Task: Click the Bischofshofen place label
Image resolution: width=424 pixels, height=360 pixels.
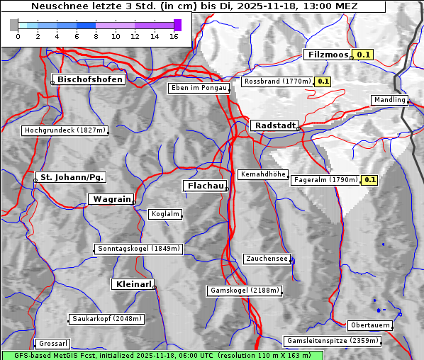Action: (x=91, y=79)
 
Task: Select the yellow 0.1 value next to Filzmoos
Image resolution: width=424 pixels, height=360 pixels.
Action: (x=364, y=55)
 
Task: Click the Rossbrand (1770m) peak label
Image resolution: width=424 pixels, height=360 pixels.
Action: (x=277, y=81)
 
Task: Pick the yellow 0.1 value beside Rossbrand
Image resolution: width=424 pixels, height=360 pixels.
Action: (x=323, y=81)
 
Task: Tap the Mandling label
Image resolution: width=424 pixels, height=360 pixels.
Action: (x=389, y=100)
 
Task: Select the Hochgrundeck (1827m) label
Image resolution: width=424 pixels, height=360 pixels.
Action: (x=65, y=130)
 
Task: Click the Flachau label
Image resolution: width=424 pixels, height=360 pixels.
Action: (x=205, y=186)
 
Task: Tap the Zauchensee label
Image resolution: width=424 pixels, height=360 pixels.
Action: (x=267, y=259)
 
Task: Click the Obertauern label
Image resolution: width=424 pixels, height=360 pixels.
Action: (x=370, y=325)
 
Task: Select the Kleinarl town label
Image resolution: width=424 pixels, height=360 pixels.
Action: (x=133, y=284)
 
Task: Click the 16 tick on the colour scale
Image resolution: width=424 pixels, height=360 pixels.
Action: (x=173, y=36)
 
